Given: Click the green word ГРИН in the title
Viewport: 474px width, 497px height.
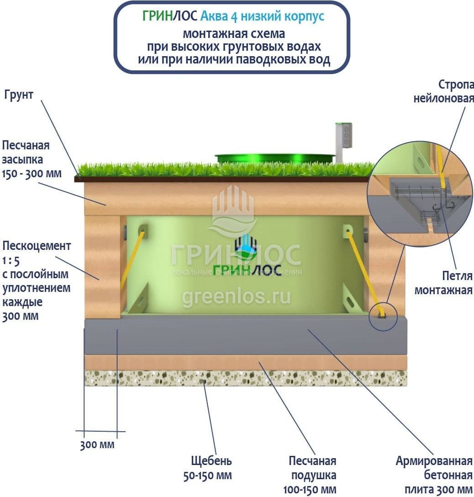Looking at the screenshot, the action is (157, 16).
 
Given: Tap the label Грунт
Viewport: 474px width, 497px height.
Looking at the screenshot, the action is (19, 95).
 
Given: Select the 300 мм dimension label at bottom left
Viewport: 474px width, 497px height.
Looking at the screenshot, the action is (97, 445).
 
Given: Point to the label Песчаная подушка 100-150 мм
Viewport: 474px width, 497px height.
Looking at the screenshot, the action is (310, 475).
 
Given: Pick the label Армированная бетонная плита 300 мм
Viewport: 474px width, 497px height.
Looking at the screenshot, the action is (434, 475).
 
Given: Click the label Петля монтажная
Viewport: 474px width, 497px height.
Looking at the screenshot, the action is (443, 283).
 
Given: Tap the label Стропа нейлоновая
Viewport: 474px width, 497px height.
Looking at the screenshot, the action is (443, 91).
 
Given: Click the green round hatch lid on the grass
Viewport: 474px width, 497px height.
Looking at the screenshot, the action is (275, 158).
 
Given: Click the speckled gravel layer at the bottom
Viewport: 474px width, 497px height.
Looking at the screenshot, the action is (246, 378).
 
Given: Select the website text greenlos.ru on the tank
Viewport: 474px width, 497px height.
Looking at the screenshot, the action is (237, 296).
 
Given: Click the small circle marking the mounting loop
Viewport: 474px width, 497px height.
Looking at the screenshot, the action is (383, 317).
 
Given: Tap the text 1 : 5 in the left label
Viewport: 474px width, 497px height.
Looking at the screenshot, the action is (11, 261).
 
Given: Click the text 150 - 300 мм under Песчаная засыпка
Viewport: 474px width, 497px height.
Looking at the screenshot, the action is (32, 174).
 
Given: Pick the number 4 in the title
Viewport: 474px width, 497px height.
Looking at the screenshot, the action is (234, 16).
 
